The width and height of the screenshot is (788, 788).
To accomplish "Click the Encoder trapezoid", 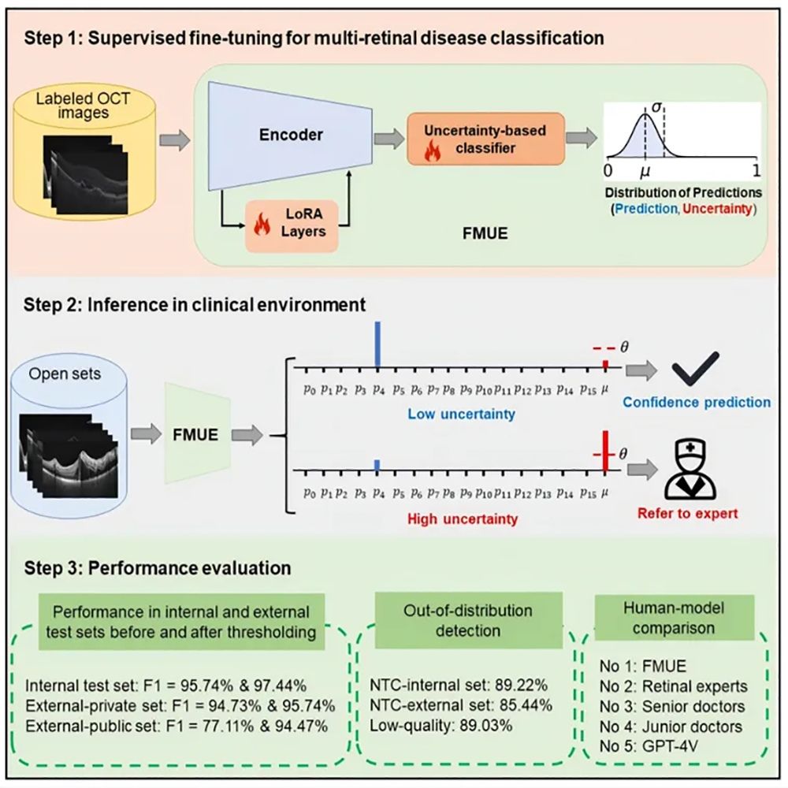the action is pyautogui.click(x=291, y=136).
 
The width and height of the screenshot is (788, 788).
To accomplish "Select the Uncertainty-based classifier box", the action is pyautogui.click(x=485, y=139).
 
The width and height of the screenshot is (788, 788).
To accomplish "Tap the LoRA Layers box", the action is pyautogui.click(x=292, y=225).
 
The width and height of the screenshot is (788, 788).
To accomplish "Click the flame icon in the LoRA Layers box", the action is pyautogui.click(x=262, y=224).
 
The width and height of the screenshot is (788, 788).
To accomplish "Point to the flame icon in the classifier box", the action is pyautogui.click(x=432, y=151).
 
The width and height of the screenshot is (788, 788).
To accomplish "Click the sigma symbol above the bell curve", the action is pyautogui.click(x=656, y=107).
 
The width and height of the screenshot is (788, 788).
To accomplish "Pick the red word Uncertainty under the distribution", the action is pyautogui.click(x=717, y=209).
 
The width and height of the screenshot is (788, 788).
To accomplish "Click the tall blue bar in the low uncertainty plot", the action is pyautogui.click(x=377, y=345).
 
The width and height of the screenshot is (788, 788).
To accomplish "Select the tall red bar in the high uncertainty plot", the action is pyautogui.click(x=605, y=451).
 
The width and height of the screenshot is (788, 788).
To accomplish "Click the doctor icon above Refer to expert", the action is pyautogui.click(x=690, y=469).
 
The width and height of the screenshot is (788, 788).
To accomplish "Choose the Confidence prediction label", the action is pyautogui.click(x=697, y=402).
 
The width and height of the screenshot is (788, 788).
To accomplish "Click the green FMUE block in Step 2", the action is pyautogui.click(x=197, y=433).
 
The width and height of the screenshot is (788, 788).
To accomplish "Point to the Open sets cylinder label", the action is pyautogui.click(x=65, y=374).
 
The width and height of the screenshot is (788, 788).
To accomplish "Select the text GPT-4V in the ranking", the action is pyautogui.click(x=671, y=746).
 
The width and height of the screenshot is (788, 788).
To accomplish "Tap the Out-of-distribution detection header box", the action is pyautogui.click(x=468, y=620).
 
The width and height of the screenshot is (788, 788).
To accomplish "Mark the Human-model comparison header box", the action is pyautogui.click(x=674, y=618).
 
